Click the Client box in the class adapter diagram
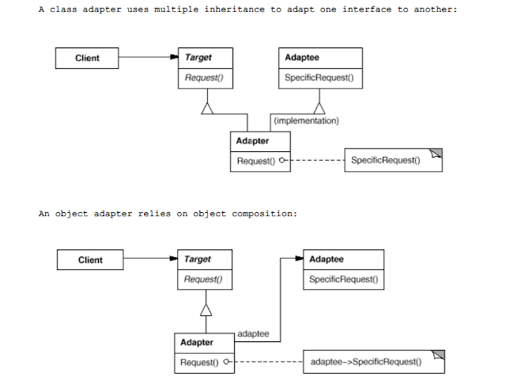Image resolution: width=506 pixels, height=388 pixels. tap(87, 58)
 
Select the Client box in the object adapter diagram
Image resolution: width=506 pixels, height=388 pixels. tap(90, 260)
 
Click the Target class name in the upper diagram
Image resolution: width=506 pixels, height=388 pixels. tap(198, 58)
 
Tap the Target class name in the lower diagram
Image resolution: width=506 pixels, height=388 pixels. tap(198, 259)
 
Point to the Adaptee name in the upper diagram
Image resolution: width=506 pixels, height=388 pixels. tap(302, 58)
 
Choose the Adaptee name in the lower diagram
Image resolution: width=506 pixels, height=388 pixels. tap(327, 259)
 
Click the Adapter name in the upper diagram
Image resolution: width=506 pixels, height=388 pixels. tap(252, 141)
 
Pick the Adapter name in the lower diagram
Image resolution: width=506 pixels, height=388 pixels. tap(197, 342)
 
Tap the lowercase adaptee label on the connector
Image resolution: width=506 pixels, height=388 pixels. tap(253, 335)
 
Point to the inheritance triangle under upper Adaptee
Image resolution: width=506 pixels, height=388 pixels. tap(319, 108)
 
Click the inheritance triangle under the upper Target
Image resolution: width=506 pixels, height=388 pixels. tap(207, 108)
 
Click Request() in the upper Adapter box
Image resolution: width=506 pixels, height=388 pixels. tap(254, 161)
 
